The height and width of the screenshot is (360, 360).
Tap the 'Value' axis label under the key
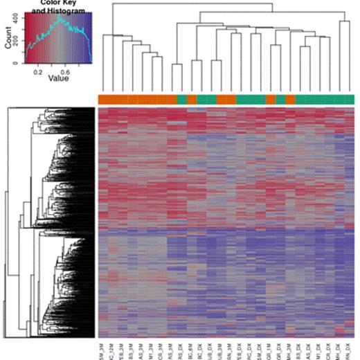coord(58,78)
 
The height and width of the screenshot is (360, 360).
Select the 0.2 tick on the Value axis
coord(42,70)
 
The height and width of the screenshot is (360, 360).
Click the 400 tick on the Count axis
coord(19,21)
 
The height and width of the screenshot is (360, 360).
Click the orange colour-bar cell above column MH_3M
coord(289,100)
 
